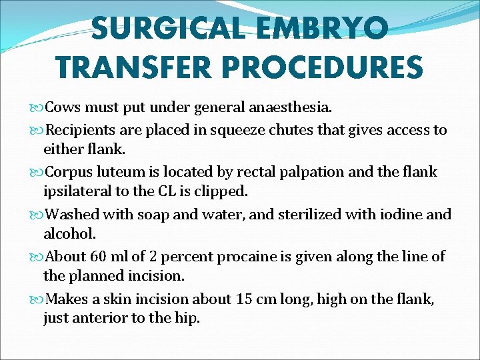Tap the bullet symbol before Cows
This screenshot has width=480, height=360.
tap(36, 108)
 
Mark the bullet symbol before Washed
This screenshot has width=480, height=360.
tap(36, 214)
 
